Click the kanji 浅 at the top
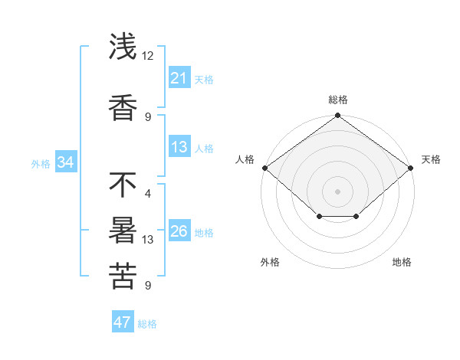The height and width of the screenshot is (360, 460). pos(123,47)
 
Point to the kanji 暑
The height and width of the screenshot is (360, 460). pos(123,231)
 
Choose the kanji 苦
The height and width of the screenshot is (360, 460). pos(123,276)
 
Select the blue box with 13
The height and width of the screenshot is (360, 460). pos(179,147)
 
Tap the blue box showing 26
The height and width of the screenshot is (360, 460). pos(179,231)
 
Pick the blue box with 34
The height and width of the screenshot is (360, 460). pos(65,162)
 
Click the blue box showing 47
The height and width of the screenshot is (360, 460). pos(122,322)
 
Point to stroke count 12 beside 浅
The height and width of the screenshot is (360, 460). pos(148,55)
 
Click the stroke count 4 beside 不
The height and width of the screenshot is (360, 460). pos(147,193)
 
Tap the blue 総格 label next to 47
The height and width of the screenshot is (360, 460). pos(147,324)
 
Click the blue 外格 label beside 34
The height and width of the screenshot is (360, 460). pos(41,163)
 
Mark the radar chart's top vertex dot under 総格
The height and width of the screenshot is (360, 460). pos(337,116)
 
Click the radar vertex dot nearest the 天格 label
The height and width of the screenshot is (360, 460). pos(411,168)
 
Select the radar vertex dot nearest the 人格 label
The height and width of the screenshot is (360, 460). pos(264,168)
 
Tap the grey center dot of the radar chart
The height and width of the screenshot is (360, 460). pos(337,191)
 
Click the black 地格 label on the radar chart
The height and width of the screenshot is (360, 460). pos(402,262)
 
